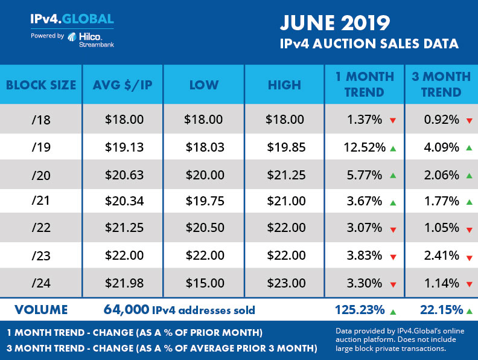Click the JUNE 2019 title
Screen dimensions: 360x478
tap(334, 24)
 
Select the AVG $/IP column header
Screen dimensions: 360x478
tap(123, 85)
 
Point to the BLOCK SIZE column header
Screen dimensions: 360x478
tap(41, 85)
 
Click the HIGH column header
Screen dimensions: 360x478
tap(284, 85)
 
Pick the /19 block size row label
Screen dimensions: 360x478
tap(41, 146)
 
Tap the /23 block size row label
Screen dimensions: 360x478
tap(41, 255)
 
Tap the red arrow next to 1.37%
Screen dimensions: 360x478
tap(392, 120)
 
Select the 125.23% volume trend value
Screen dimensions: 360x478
tap(359, 310)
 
